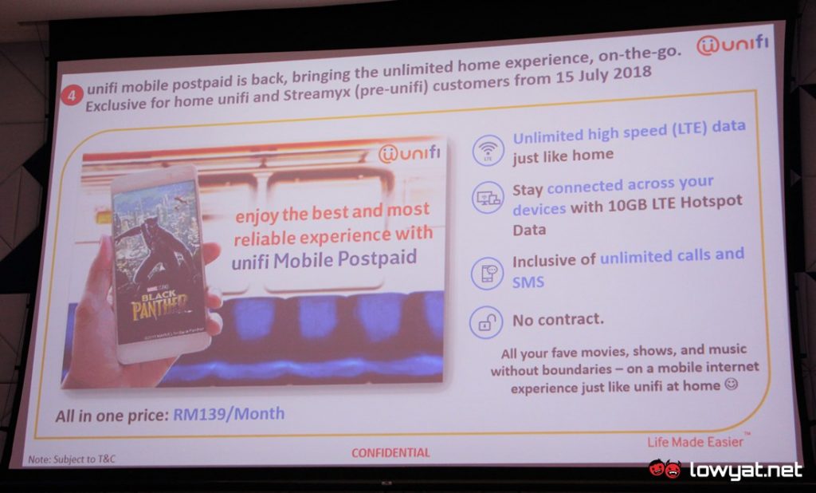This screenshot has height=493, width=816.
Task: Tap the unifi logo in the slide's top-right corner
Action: pyautogui.click(x=731, y=45)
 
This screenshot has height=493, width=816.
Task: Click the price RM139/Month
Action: pyautogui.click(x=229, y=414)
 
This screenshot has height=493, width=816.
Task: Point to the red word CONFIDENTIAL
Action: pyautogui.click(x=390, y=452)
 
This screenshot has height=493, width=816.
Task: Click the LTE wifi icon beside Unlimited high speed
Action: pyautogui.click(x=487, y=149)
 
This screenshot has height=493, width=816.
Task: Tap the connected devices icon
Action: pyautogui.click(x=488, y=198)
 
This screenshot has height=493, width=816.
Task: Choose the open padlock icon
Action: pyautogui.click(x=486, y=321)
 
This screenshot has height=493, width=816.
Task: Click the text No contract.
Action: pyautogui.click(x=557, y=319)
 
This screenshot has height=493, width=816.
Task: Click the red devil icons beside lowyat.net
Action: pyautogui.click(x=665, y=469)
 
